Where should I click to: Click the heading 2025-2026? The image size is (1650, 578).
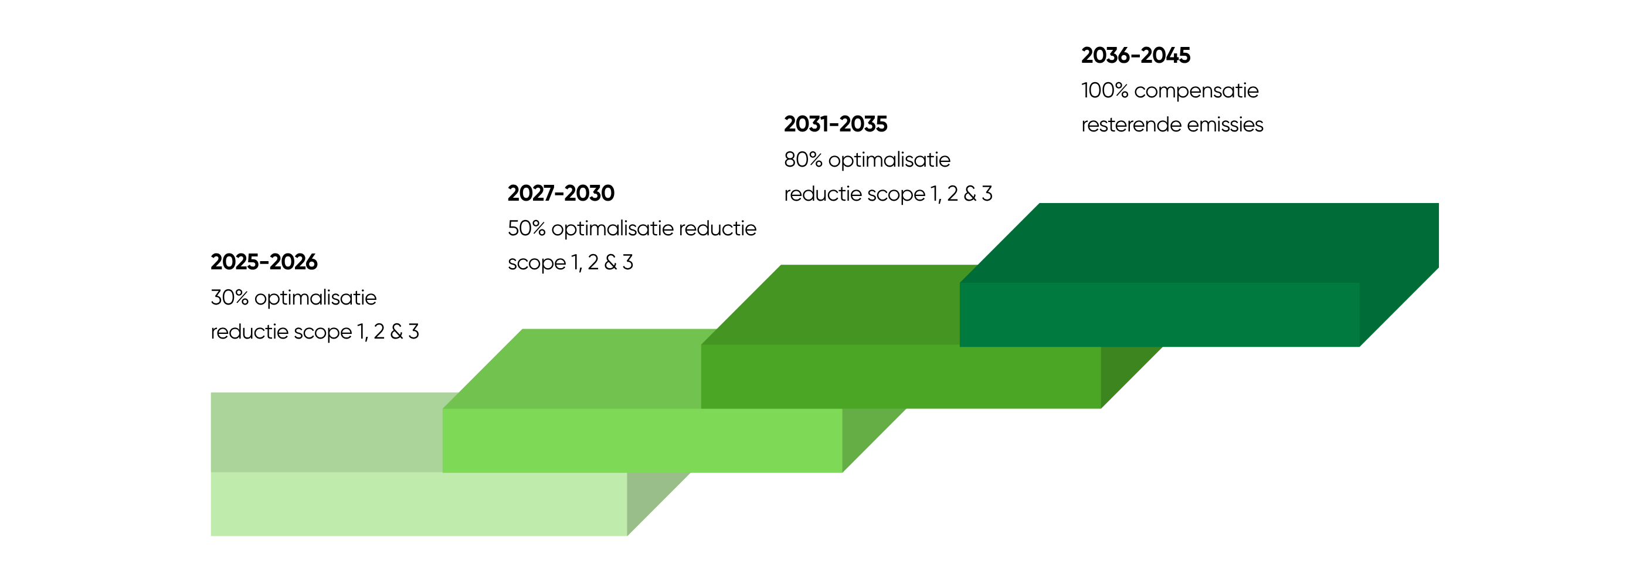tap(264, 262)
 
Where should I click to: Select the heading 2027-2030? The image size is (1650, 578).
tap(561, 193)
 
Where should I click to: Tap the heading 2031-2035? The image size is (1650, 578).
tap(836, 124)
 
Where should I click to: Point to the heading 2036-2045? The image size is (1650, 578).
tap(1136, 56)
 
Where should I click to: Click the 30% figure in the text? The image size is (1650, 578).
tap(229, 298)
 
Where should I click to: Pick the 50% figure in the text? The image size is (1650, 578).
tap(527, 228)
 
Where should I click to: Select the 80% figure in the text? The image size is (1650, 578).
tap(803, 160)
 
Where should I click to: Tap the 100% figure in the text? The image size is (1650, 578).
tap(1105, 90)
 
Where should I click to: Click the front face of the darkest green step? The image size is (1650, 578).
tap(1159, 315)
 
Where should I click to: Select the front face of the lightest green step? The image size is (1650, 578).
tap(419, 503)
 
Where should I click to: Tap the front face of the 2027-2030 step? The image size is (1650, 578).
tap(643, 441)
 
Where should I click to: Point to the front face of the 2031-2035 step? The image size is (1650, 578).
tap(901, 377)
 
